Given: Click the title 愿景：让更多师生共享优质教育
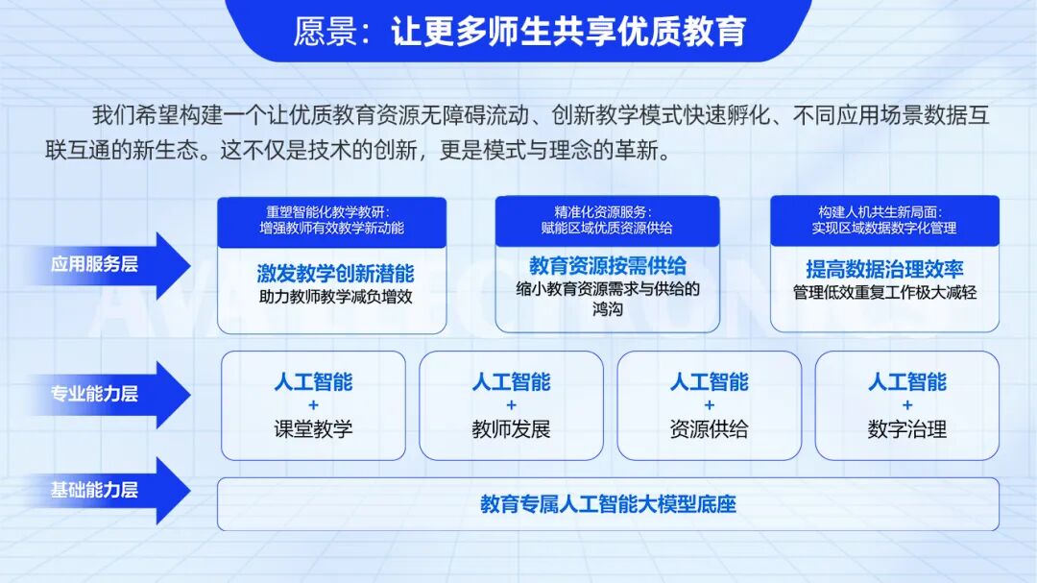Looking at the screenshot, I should pyautogui.click(x=519, y=32).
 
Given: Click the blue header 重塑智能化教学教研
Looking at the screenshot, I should pyautogui.click(x=331, y=220).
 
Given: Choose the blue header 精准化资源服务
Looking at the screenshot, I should pyautogui.click(x=607, y=220).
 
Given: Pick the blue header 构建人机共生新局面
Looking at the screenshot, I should pyautogui.click(x=884, y=220).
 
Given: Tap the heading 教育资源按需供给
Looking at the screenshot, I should pyautogui.click(x=608, y=266).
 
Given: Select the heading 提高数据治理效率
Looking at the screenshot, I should pyautogui.click(x=884, y=270).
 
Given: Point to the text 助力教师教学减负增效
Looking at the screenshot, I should pyautogui.click(x=335, y=297).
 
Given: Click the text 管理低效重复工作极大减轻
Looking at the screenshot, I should pyautogui.click(x=884, y=292).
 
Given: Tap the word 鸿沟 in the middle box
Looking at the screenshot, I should pyautogui.click(x=608, y=309).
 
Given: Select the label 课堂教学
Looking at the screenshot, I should pyautogui.click(x=313, y=428).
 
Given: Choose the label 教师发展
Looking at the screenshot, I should pyautogui.click(x=511, y=428).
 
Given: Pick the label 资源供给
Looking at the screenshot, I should pyautogui.click(x=709, y=428).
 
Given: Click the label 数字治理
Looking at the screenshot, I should pyautogui.click(x=907, y=428).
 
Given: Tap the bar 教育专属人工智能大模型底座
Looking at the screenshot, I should pyautogui.click(x=608, y=504).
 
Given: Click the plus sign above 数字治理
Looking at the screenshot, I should pyautogui.click(x=907, y=405).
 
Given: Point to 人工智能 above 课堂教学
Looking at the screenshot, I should pyautogui.click(x=313, y=382).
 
